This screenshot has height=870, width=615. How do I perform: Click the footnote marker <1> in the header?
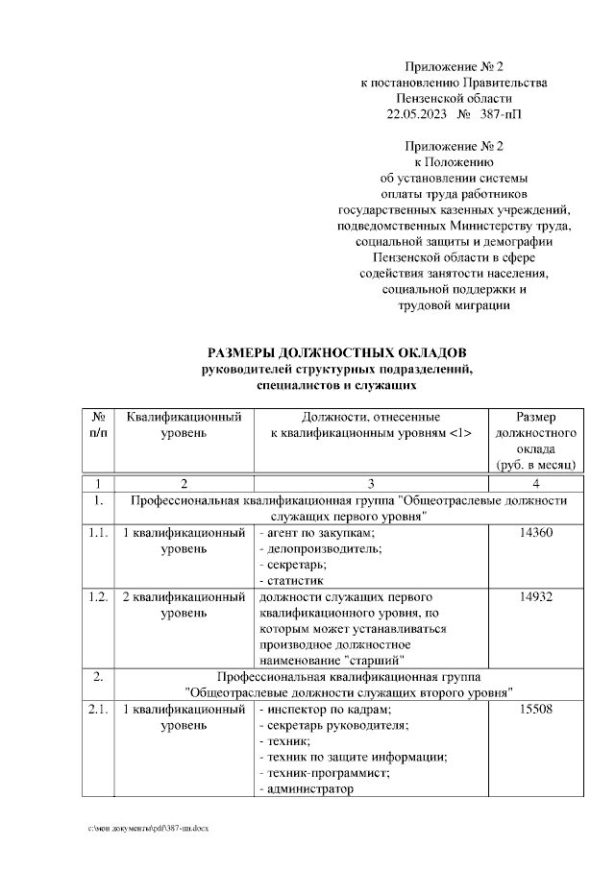[x=459, y=434]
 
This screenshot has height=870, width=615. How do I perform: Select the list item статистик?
[x=293, y=579]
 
